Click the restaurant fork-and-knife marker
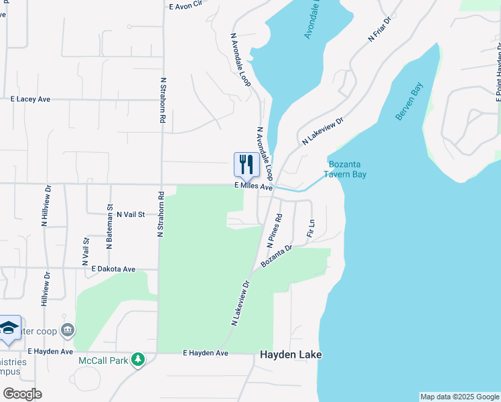pos(246,164)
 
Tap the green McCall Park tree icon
pos(138,360)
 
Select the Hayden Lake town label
pos(291,354)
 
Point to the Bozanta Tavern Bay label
pos(348,170)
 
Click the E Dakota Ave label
pos(114,269)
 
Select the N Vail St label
pos(131,214)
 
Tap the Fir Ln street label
pos(310,228)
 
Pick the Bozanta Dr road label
pos(277,257)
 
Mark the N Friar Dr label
pos(379,31)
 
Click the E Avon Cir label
pos(186,5)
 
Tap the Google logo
pos(22,393)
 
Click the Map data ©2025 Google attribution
pos(459,397)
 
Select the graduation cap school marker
pos(9,328)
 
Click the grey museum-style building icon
pos(66,330)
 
